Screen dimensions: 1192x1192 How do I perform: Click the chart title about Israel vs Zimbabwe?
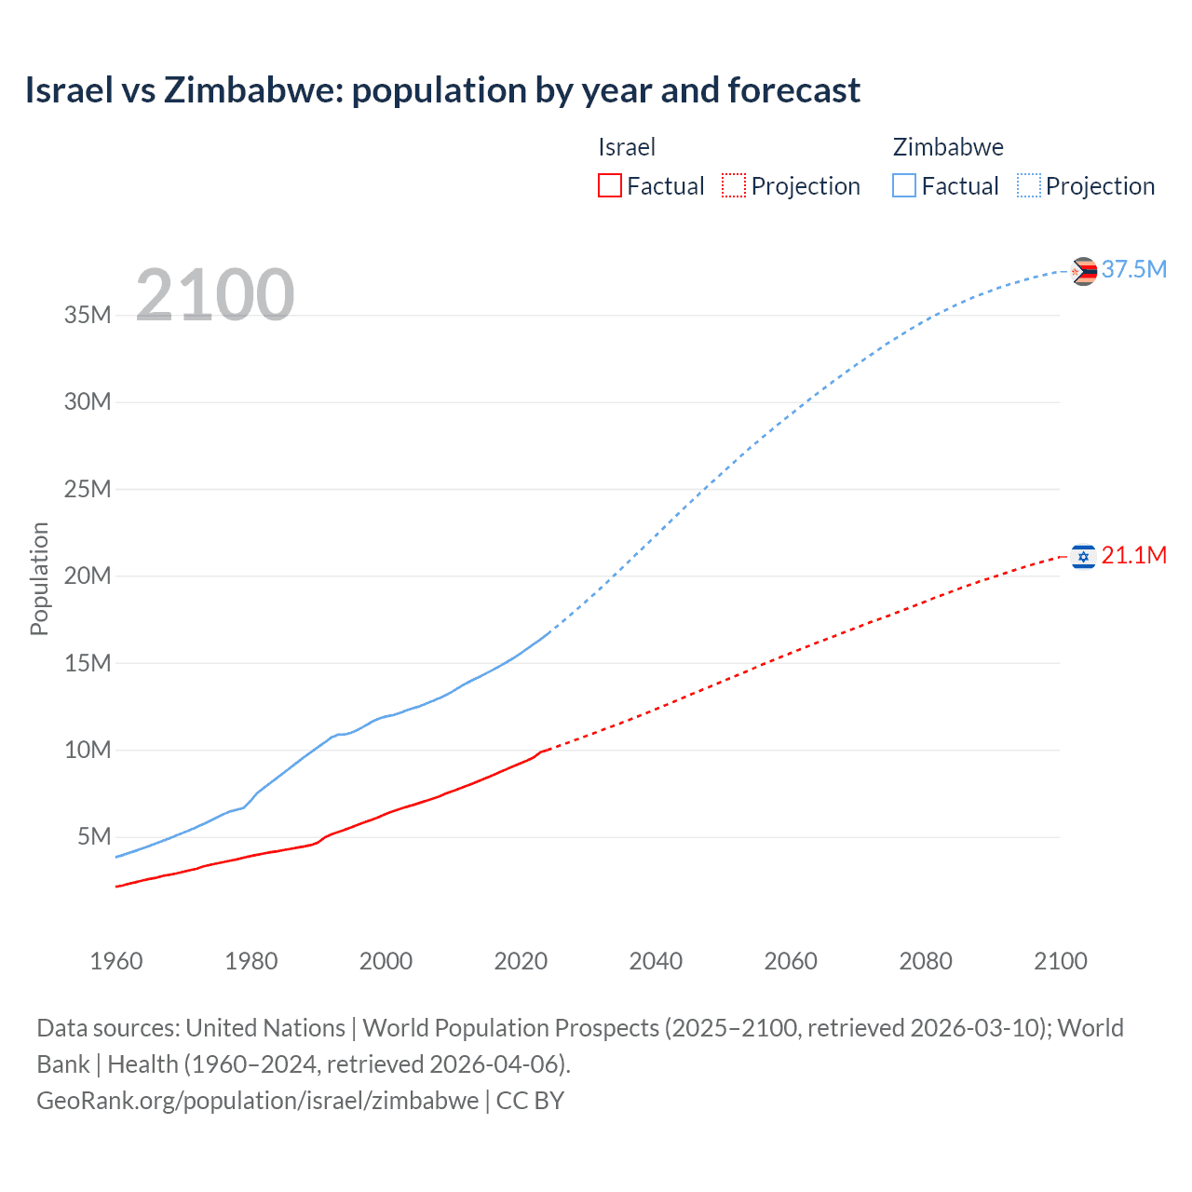coord(442,90)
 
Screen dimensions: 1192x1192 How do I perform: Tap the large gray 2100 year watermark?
coord(215,295)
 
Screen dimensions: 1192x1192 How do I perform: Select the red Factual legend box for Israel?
coord(610,185)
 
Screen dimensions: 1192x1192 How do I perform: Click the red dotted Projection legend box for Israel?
coord(734,185)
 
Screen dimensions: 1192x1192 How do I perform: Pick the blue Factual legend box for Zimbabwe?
coord(904,185)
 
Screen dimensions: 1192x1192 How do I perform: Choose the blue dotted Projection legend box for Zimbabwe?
coord(1029,185)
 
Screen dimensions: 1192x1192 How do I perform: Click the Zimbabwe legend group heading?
coord(948,147)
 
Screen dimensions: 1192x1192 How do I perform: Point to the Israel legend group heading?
coord(627,147)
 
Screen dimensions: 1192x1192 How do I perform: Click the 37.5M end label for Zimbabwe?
coord(1133,269)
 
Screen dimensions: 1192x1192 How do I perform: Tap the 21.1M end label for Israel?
coord(1133,555)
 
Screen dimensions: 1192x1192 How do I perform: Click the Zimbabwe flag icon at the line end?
coord(1083,271)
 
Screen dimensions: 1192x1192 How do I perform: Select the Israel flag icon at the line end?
coord(1083,557)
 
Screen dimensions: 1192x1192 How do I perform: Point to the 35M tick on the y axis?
coord(88,315)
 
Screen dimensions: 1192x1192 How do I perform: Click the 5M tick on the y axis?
coord(94,836)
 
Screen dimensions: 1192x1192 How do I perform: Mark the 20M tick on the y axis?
coord(88,576)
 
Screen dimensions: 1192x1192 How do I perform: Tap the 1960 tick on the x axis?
coord(116,961)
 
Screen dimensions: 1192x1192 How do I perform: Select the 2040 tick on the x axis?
coord(656,961)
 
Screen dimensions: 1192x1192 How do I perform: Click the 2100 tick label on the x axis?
coord(1061,961)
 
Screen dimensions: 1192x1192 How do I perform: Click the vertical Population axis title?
coord(39,578)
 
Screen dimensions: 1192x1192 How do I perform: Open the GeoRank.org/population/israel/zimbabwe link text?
coord(258,1101)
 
